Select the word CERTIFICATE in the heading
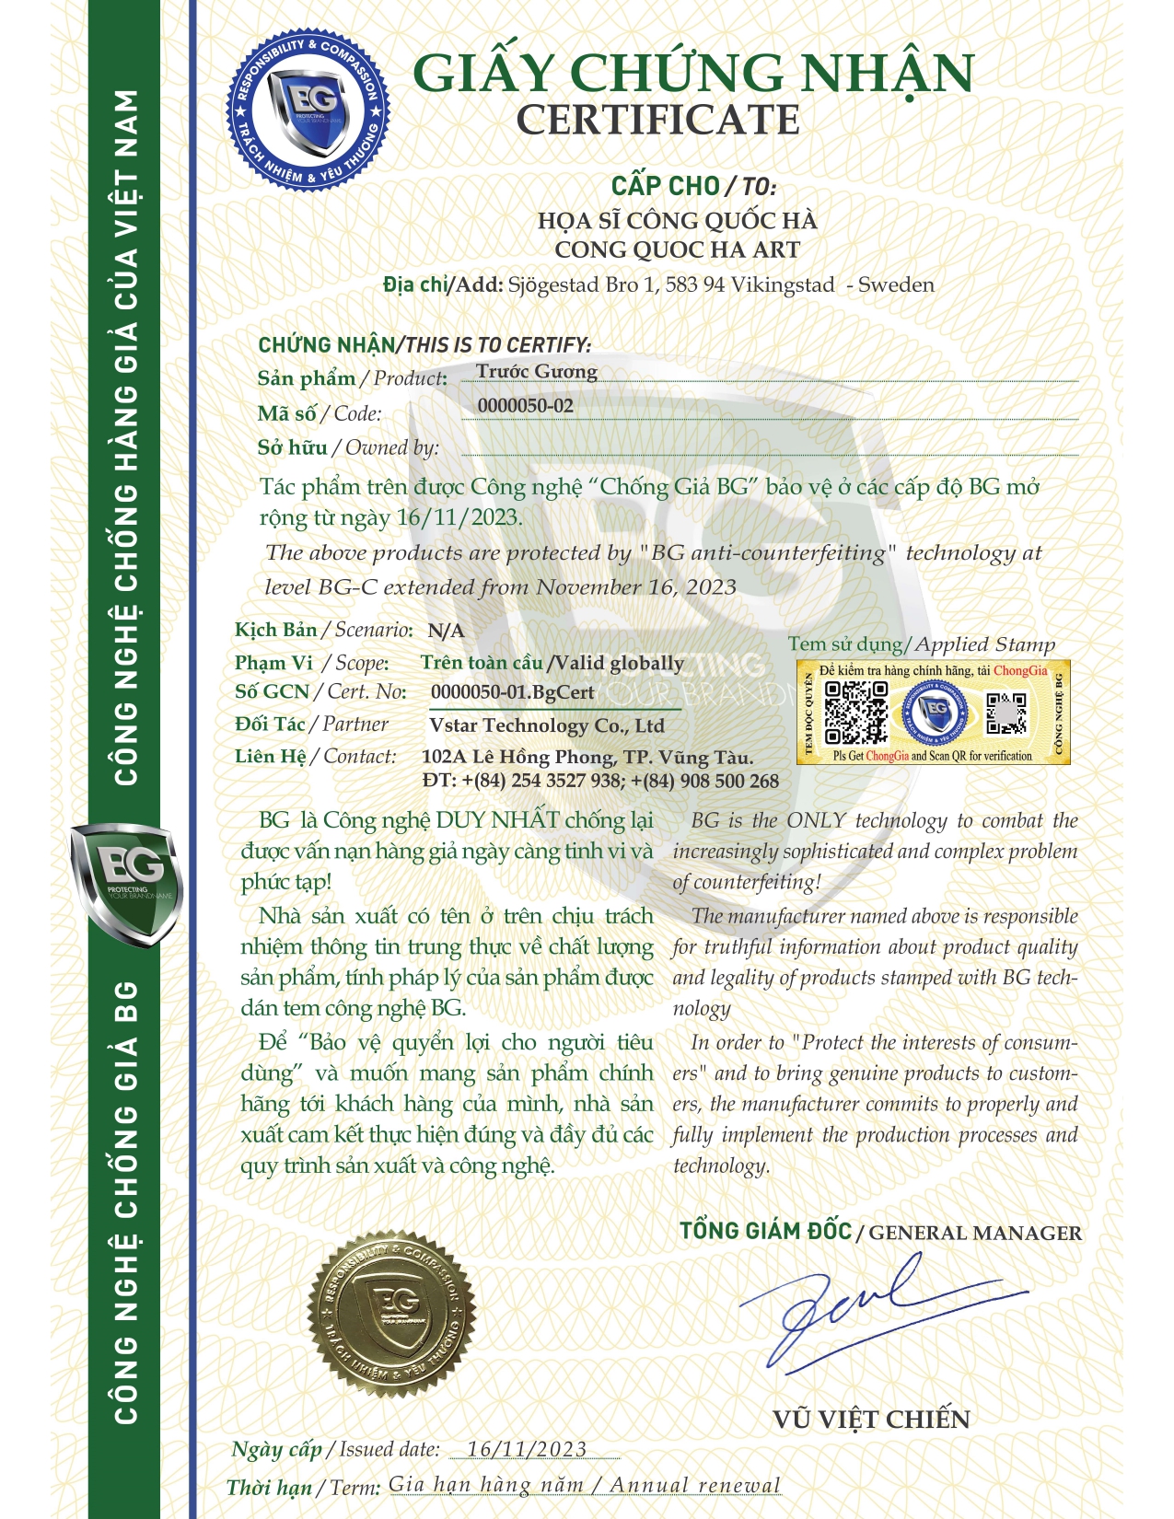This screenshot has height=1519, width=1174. pos(657,121)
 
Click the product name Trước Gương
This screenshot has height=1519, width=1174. pos(537,371)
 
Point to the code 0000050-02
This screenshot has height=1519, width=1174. pos(525,406)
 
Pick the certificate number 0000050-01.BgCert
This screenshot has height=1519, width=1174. pos(513,692)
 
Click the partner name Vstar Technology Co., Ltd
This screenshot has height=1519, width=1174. pos(547,725)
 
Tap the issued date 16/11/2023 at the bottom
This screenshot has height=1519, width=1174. pos(527,1449)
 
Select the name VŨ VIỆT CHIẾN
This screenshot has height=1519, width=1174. pos(871,1420)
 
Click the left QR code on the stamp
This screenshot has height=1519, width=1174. pos(855,712)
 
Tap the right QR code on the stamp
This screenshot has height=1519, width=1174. pos(1006,713)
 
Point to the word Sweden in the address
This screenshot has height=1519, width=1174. pos(896,284)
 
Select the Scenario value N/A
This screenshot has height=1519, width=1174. pos(446,632)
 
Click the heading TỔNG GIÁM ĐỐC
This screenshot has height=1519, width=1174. pos(765,1231)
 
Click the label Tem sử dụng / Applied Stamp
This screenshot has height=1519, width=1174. pos(921,644)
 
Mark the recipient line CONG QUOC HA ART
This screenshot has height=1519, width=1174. pos(677,249)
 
